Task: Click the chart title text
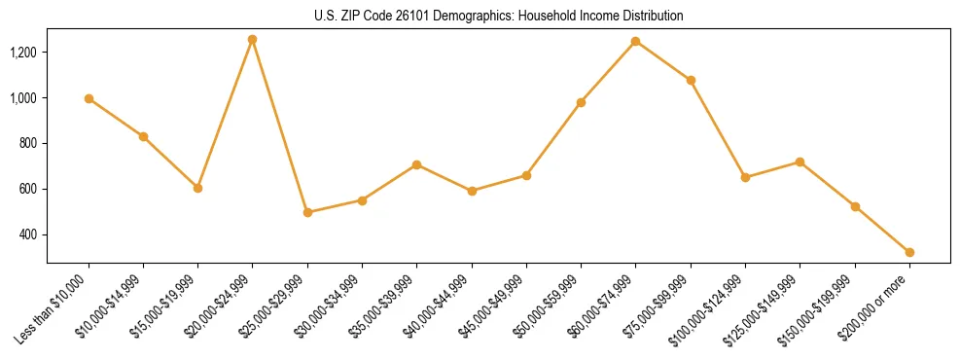pos(499,17)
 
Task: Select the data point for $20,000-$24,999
pos(253,40)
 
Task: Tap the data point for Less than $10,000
pos(89,98)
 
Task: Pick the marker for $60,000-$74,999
pos(636,41)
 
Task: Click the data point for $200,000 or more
pos(909,252)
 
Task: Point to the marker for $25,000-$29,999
pos(307,212)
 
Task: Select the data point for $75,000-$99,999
pos(691,80)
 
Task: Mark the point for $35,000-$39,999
pos(417,164)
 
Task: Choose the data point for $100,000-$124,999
pos(745,177)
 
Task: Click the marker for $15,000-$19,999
pos(197,188)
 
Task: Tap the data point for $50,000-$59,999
pos(581,102)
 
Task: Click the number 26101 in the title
pos(413,17)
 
